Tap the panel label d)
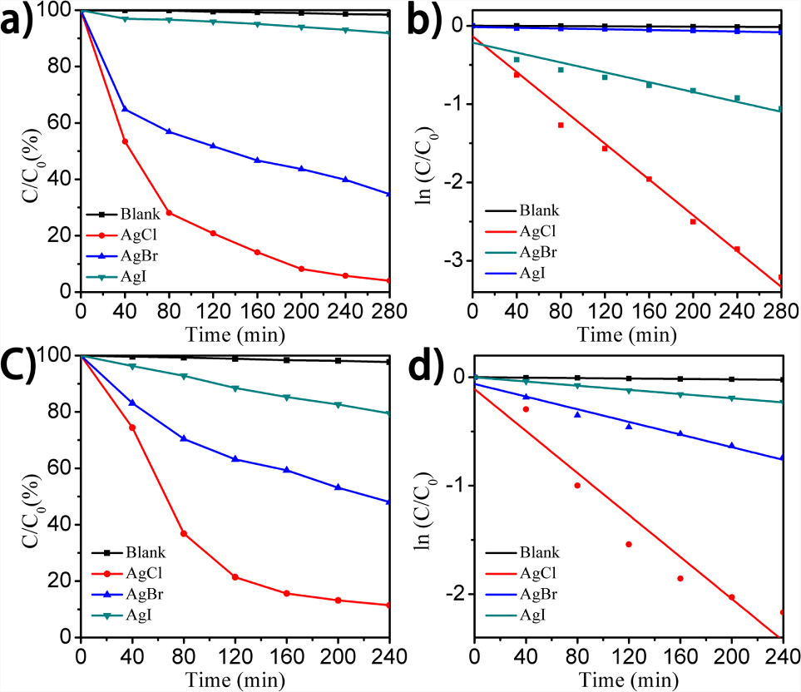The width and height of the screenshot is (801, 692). coord(425,366)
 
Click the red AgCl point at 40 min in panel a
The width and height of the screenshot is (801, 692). coord(125,141)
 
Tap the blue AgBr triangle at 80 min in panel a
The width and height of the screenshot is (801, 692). coord(169,131)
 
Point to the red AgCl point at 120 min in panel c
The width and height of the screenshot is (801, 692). coord(235,577)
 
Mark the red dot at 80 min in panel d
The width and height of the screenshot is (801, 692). coord(577,485)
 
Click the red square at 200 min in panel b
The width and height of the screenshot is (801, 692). coord(693,221)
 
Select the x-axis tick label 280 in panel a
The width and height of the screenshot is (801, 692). coord(390,311)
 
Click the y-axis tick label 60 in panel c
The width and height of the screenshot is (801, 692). coord(59,468)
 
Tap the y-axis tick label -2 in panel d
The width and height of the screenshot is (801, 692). coord(456,594)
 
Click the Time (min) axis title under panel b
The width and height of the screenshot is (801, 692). coord(627,335)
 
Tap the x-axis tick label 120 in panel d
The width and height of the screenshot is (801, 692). coord(628,656)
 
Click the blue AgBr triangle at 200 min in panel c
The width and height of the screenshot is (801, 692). coord(338,487)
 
